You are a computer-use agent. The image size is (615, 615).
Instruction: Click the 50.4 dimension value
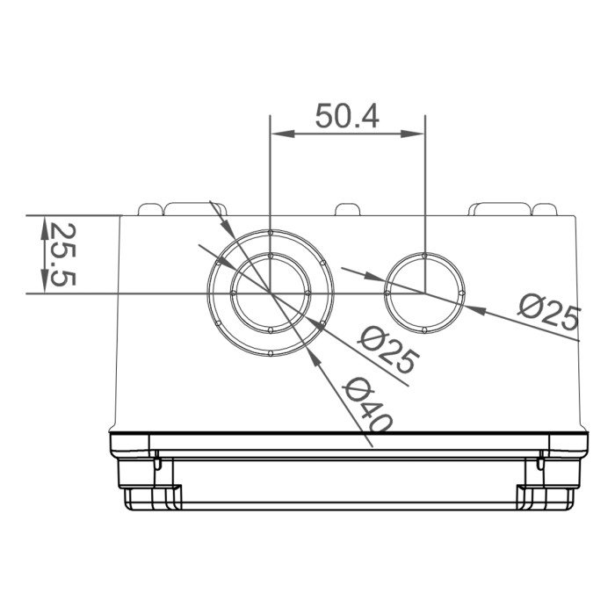[347, 116]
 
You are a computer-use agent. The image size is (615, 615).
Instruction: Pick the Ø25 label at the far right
[549, 311]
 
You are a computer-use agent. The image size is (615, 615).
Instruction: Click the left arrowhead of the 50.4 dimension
[280, 134]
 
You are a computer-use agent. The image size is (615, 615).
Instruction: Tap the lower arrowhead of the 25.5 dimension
[43, 282]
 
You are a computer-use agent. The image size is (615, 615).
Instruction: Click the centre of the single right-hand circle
[424, 293]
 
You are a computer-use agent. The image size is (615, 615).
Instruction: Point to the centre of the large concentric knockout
[271, 293]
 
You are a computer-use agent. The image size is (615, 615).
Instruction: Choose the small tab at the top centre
[347, 210]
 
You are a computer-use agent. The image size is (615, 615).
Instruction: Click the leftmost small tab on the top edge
[150, 210]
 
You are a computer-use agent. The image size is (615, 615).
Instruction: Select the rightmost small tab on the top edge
[545, 210]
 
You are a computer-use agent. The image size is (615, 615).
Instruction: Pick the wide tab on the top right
[500, 208]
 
